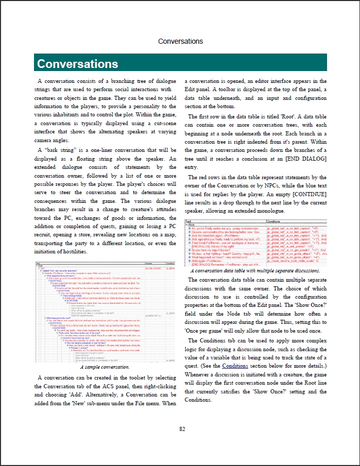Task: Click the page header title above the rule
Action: pyautogui.click(x=180, y=41)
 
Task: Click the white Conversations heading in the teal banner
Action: pyautogui.click(x=78, y=64)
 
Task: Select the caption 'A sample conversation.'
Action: pyautogui.click(x=105, y=353)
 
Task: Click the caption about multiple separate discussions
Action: pyautogui.click(x=255, y=270)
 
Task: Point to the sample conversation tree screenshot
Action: pyautogui.click(x=105, y=306)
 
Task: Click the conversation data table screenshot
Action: pyautogui.click(x=255, y=244)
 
